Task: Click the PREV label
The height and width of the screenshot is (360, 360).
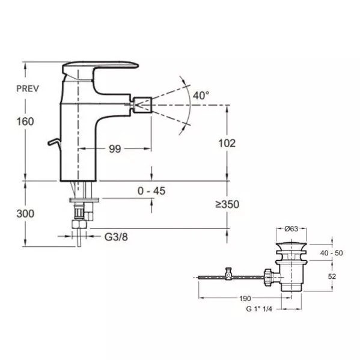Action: coord(28,88)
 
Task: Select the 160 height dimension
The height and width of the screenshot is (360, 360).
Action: coord(25,121)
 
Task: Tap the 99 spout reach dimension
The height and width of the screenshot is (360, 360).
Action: coord(115,149)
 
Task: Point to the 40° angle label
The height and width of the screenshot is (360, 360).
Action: coord(201,96)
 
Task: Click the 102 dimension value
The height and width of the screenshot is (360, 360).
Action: coord(227,143)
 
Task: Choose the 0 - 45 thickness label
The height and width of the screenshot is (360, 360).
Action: coord(151,191)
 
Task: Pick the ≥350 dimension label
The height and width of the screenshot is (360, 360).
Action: coord(227,204)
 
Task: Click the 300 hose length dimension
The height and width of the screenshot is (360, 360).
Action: coord(25,213)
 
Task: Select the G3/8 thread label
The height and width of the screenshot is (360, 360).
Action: coord(116,237)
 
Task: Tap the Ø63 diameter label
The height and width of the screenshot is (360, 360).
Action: coord(291,228)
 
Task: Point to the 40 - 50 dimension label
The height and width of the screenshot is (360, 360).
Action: coord(331,253)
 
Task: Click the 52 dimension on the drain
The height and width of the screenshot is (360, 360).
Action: coord(332,276)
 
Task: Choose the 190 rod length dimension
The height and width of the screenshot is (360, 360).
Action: coord(245,299)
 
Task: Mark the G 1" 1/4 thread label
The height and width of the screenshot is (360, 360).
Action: coord(259,309)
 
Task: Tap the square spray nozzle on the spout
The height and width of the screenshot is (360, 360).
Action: coord(142,105)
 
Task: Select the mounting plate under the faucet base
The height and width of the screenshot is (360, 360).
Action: coord(84,200)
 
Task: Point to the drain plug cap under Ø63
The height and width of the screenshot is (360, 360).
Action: coord(291,247)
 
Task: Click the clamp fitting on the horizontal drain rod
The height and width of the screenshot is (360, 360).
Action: coord(228,274)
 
